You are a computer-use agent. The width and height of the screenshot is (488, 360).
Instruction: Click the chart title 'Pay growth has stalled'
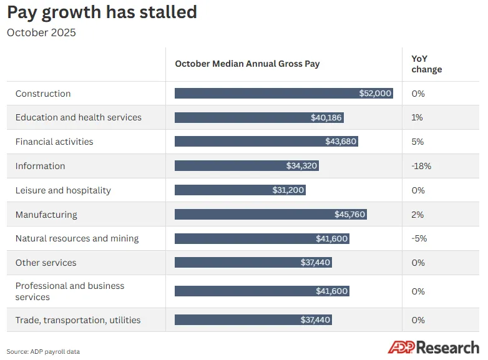(102, 12)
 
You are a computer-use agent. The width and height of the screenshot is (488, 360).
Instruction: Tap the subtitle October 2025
(41, 32)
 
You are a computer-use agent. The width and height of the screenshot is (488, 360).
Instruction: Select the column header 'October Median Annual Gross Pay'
(247, 64)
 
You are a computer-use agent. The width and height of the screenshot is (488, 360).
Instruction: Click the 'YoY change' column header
(426, 64)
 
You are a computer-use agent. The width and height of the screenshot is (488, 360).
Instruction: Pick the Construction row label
(43, 94)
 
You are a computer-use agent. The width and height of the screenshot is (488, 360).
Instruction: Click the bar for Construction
(284, 94)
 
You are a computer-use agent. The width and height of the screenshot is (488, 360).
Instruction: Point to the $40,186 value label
(326, 117)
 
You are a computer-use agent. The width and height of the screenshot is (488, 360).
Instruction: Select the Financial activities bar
(266, 141)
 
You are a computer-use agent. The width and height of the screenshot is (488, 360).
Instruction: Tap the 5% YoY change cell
(417, 142)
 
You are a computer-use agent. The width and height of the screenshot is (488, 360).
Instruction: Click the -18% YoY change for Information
(421, 166)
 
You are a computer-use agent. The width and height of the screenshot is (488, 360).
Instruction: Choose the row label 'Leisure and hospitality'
(63, 190)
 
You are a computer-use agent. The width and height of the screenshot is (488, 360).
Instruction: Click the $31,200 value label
(288, 190)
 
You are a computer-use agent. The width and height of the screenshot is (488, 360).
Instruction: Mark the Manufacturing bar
(271, 214)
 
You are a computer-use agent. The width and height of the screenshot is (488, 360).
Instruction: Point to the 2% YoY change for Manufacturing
(417, 215)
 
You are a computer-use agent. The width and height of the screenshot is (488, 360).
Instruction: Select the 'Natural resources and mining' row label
(77, 238)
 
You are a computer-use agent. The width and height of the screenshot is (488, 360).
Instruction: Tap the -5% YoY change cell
(419, 238)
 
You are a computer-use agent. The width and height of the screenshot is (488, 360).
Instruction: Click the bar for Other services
(253, 262)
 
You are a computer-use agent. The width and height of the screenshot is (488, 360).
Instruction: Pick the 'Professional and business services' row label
(70, 291)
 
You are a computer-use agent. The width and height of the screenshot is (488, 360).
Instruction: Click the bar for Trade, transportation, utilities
(253, 319)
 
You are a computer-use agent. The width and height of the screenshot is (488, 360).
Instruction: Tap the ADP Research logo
(433, 348)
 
